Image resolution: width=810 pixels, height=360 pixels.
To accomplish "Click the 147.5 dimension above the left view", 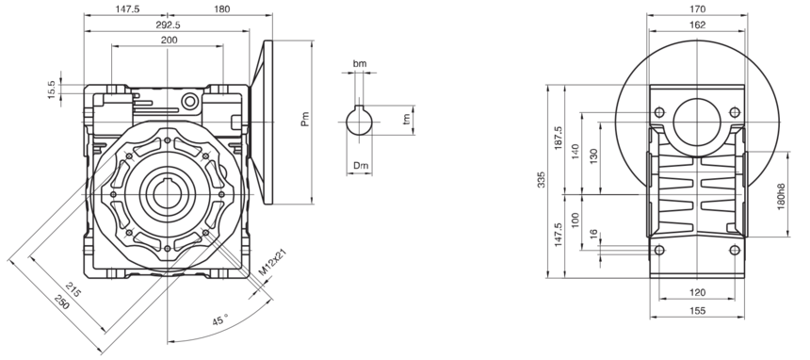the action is point(127,8).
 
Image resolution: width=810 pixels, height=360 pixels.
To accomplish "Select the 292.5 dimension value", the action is point(169,25).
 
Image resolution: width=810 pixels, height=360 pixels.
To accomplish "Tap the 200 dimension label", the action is point(169,40).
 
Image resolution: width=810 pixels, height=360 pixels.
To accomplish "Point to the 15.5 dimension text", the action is point(51,90).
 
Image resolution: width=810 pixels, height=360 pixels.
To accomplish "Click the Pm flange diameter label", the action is point(305,120).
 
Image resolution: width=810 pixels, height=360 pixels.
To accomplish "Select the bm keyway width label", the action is point(360,64).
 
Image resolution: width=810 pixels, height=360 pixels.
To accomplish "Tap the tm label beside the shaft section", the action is point(407,119).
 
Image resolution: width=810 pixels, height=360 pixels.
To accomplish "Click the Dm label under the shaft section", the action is point(361,166).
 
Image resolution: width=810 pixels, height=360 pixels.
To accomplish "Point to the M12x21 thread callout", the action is point(272,262).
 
